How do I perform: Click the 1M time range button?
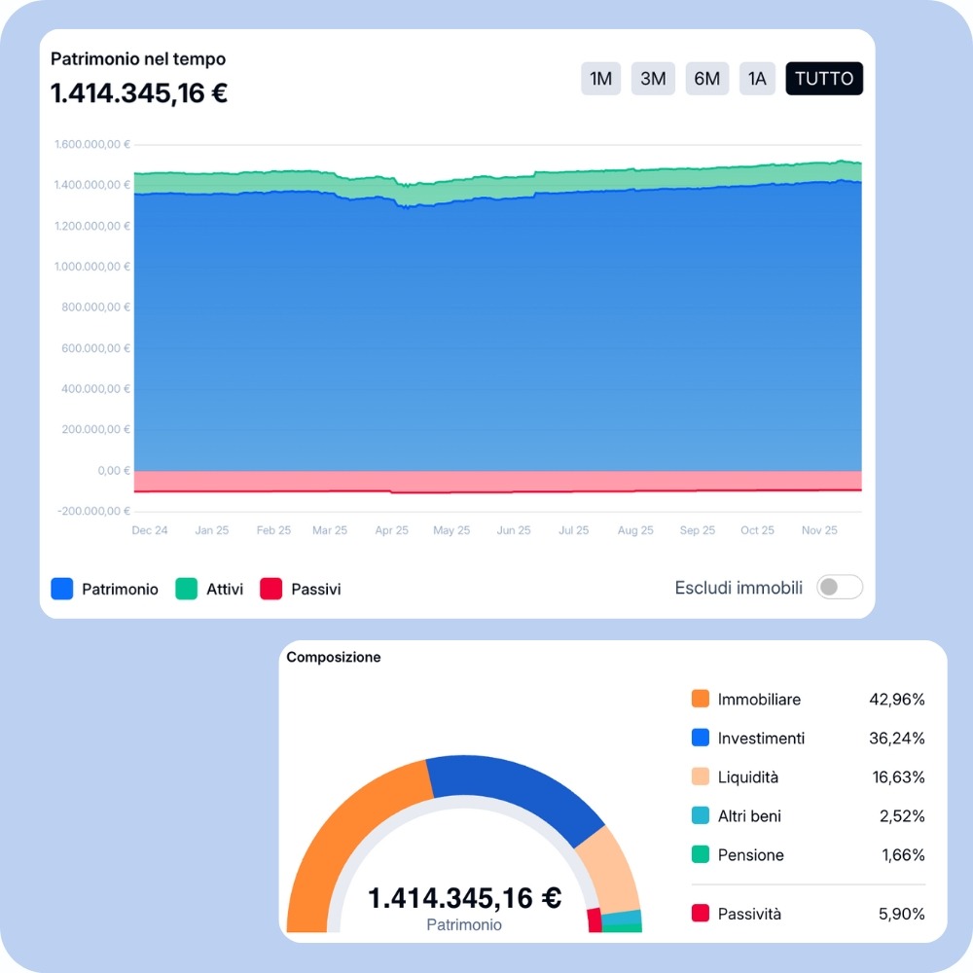click(x=601, y=79)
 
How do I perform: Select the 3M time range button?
click(x=653, y=79)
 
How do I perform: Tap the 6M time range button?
click(x=706, y=79)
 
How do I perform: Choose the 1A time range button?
click(x=757, y=79)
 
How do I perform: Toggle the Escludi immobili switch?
click(x=839, y=588)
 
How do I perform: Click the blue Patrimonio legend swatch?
click(x=62, y=589)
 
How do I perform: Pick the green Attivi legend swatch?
click(x=187, y=589)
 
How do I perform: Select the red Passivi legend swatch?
click(x=271, y=589)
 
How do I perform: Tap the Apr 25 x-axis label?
click(x=391, y=530)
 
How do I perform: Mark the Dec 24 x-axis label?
click(x=150, y=530)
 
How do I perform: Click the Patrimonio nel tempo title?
click(x=138, y=59)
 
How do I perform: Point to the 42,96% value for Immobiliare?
click(x=896, y=700)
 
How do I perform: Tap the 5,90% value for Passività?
click(x=901, y=914)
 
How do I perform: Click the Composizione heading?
click(x=334, y=658)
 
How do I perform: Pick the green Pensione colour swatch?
click(x=701, y=855)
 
